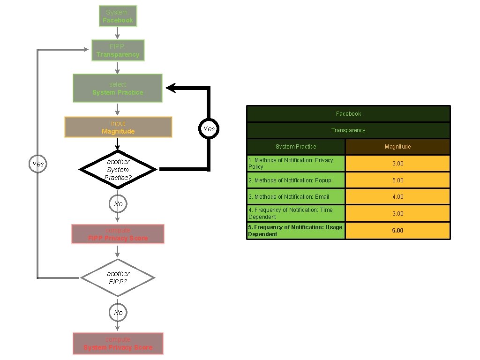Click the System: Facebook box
pyautogui.click(x=118, y=16)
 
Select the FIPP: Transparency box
pyautogui.click(x=118, y=51)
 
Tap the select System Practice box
pyautogui.click(x=118, y=88)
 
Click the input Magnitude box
pyautogui.click(x=118, y=127)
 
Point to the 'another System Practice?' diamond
pyautogui.click(x=118, y=169)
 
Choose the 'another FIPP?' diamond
pyautogui.click(x=118, y=277)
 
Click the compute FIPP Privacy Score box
pyautogui.click(x=118, y=234)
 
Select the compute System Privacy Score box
pyautogui.click(x=118, y=344)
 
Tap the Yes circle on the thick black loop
pyautogui.click(x=209, y=129)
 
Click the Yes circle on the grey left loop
pyautogui.click(x=38, y=164)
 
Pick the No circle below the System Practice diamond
pyautogui.click(x=118, y=204)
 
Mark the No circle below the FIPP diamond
pyautogui.click(x=118, y=313)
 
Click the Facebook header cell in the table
pyautogui.click(x=348, y=114)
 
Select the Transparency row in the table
pyautogui.click(x=348, y=130)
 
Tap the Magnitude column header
pyautogui.click(x=397, y=147)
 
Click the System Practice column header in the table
pyautogui.click(x=296, y=147)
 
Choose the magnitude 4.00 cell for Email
pyautogui.click(x=397, y=197)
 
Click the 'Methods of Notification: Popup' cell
pyautogui.click(x=296, y=180)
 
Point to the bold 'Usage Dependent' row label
pyautogui.click(x=296, y=231)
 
